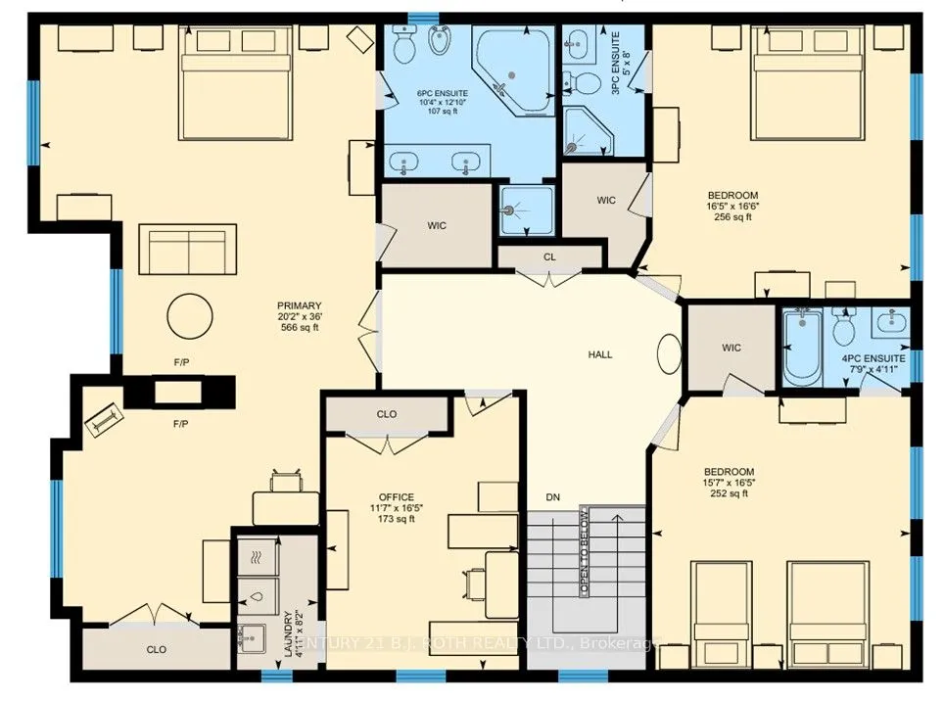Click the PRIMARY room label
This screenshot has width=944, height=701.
pos(300,305)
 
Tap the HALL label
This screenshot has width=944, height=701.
pos(600,354)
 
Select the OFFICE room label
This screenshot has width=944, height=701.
pos(397,497)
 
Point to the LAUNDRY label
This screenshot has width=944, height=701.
pos(288,634)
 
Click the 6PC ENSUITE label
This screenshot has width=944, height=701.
pos(443,94)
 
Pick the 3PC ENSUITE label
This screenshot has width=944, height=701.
pos(615,65)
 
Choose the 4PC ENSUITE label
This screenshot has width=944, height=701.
pos(873,358)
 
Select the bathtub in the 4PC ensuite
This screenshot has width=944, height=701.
pos(803,348)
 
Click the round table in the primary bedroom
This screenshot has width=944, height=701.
pos(190,316)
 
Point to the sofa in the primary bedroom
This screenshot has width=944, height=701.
pos(187,250)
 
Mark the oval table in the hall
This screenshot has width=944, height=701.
pos(670,353)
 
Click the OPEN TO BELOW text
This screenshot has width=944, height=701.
pos(584,551)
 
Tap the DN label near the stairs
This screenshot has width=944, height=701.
pos(552,497)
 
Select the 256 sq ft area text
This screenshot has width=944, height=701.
pos(732,217)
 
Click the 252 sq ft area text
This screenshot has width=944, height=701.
pos(729,493)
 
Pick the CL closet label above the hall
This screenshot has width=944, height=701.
pos(549,257)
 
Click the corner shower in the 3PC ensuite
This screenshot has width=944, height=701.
pos(588,130)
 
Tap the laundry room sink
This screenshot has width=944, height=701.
pos(253,638)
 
